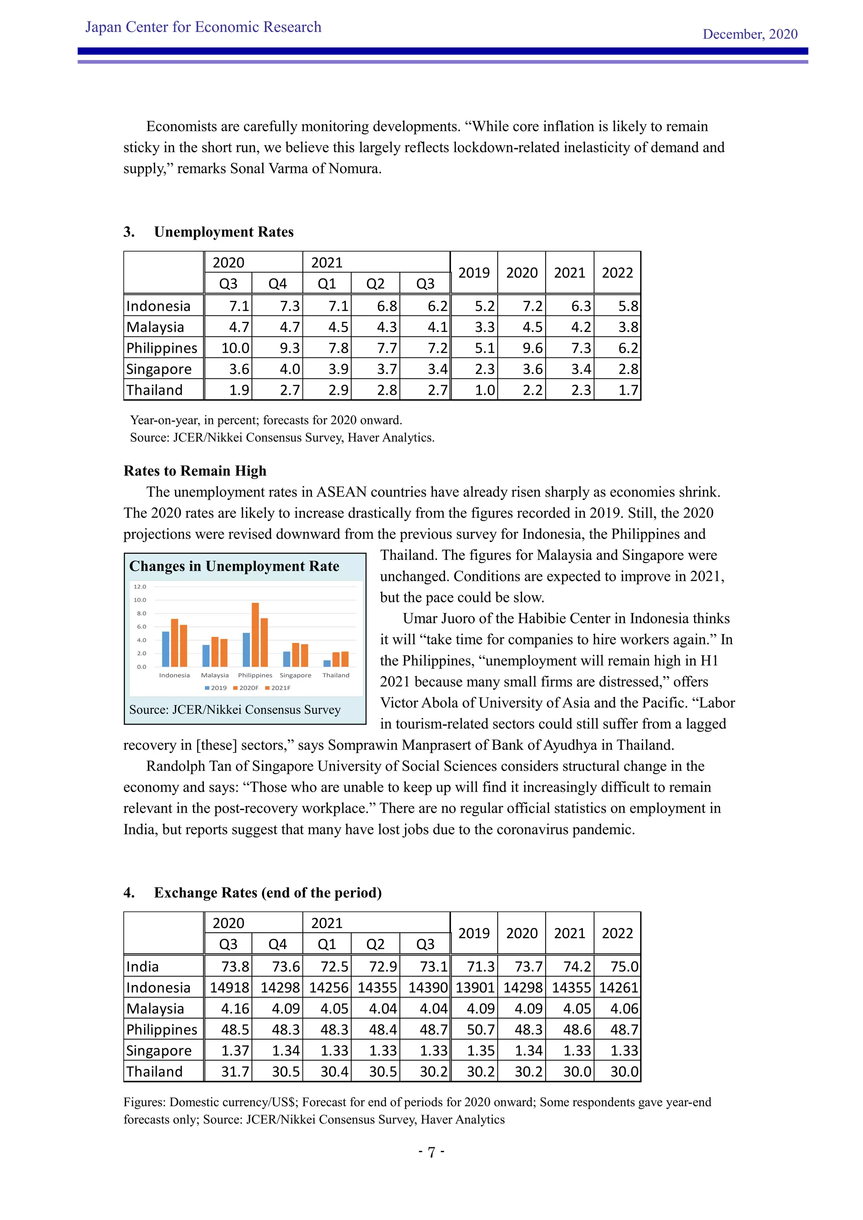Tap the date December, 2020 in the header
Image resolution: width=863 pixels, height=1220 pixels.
(749, 35)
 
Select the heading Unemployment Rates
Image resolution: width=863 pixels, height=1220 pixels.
(223, 232)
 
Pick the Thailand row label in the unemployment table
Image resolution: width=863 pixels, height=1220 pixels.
(154, 390)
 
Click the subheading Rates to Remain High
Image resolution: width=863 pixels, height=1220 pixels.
(195, 471)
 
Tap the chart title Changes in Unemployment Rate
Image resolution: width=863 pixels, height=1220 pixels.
(234, 567)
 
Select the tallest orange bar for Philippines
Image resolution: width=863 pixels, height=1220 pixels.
(255, 634)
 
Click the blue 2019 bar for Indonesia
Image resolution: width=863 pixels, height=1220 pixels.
(165, 649)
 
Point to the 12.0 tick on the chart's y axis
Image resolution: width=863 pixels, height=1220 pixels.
(140, 587)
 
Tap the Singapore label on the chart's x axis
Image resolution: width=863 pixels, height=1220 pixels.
(295, 675)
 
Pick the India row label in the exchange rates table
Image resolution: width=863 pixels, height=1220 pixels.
(142, 966)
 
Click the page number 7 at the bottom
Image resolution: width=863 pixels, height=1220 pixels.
(431, 1152)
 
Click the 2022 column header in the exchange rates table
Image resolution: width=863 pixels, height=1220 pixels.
(617, 933)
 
